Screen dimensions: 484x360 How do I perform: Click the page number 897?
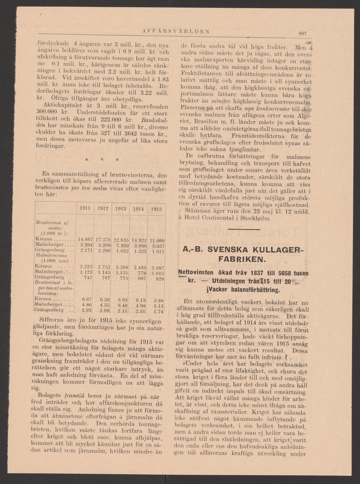(x=303, y=33)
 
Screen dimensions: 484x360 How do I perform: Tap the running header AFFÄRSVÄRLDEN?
(x=175, y=31)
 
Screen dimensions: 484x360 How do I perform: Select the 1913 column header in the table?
(x=121, y=209)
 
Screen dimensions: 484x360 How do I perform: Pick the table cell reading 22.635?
(x=121, y=238)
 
